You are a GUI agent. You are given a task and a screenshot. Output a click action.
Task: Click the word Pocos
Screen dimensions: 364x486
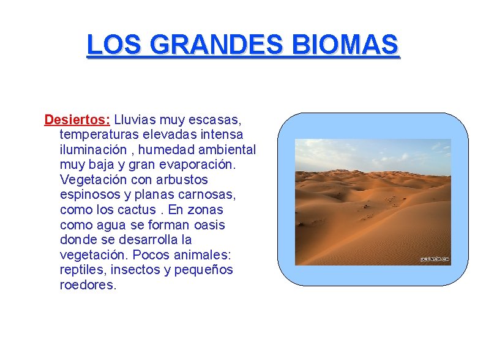point(143,255)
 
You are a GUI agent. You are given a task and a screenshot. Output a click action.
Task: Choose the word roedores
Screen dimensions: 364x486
point(88,285)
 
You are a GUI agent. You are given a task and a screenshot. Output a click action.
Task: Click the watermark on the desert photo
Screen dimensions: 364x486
point(435,259)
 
